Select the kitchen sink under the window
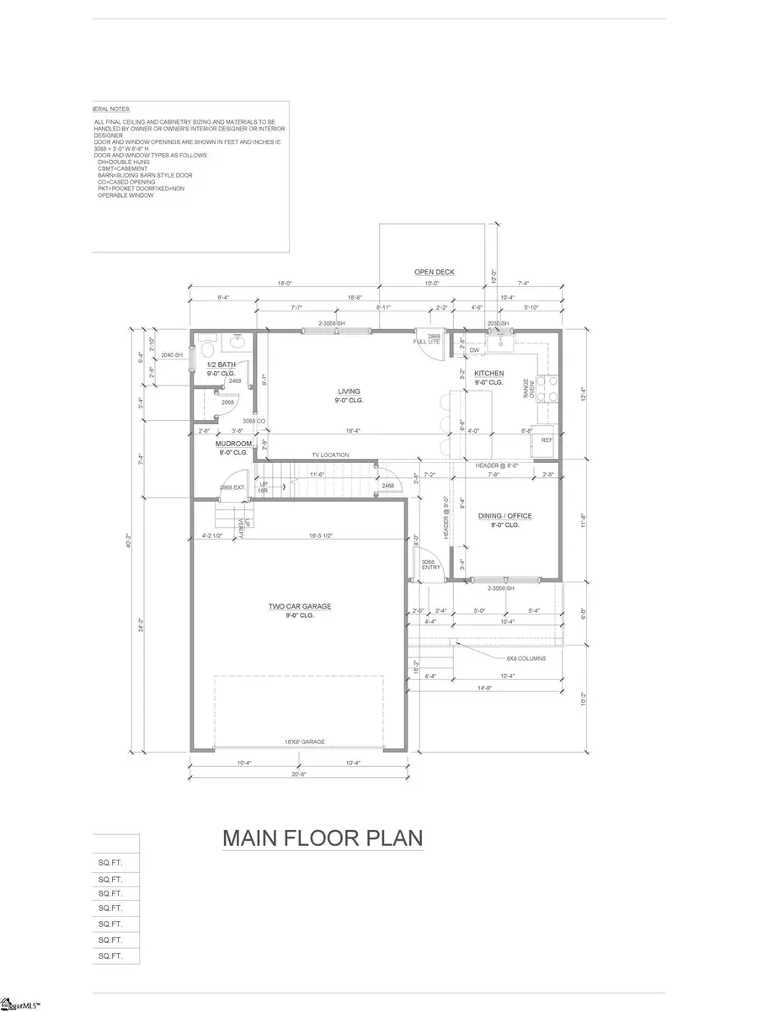pos(503,341)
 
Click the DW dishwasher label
pos(474,350)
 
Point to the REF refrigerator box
pos(547,440)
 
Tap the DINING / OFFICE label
pos(505,515)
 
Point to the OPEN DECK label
pos(434,272)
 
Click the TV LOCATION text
pos(331,455)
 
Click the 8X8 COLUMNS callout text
pos(526,658)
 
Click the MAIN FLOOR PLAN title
pos(322,838)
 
